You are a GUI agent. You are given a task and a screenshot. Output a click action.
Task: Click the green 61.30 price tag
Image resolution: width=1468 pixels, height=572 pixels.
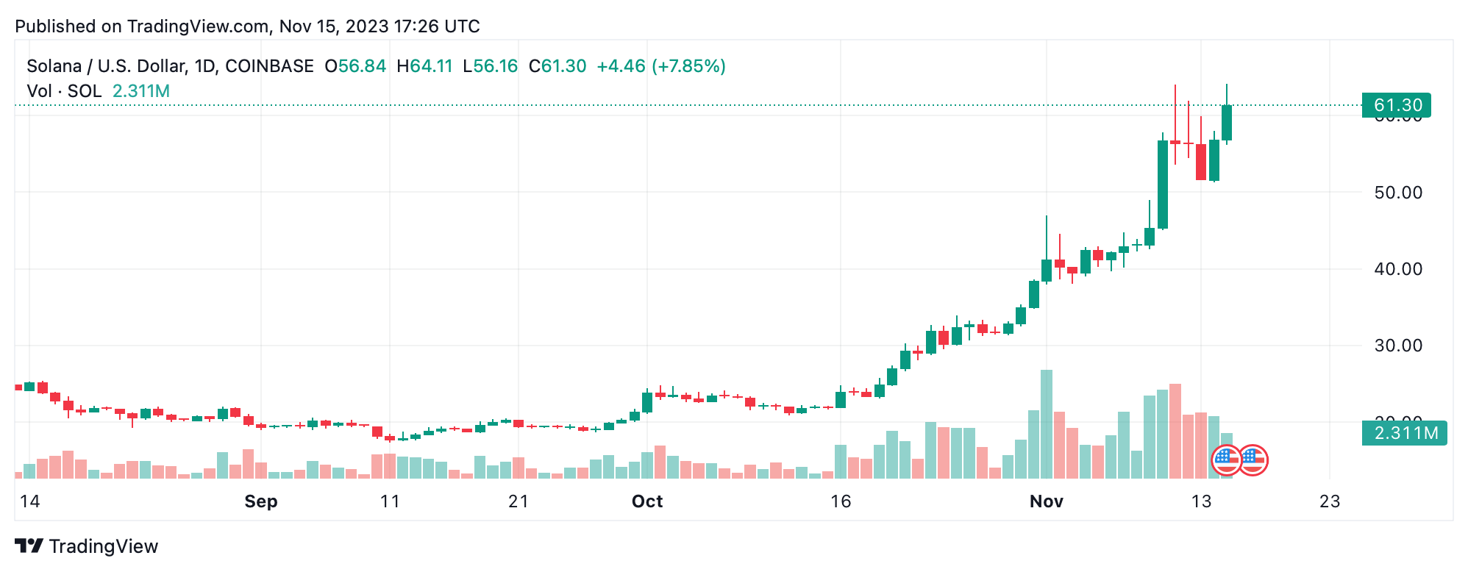tap(1395, 105)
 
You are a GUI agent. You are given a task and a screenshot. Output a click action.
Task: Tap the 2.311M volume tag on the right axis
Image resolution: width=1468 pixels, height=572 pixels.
tap(1404, 433)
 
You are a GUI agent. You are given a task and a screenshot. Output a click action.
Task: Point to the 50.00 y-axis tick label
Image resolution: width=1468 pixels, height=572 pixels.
tap(1398, 193)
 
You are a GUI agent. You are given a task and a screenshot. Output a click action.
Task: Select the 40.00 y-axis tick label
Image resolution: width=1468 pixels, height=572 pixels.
tap(1398, 269)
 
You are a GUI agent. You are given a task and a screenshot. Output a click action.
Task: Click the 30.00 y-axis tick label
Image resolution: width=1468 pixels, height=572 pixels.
tap(1398, 346)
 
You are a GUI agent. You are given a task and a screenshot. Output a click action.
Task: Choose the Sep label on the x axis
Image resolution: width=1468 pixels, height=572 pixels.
tap(261, 501)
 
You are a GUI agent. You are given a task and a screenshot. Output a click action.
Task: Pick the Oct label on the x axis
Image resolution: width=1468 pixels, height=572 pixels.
tap(647, 501)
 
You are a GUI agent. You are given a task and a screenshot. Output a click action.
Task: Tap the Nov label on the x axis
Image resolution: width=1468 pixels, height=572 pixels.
tap(1046, 501)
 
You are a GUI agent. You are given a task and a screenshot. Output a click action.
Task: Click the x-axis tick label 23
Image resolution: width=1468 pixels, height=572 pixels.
tap(1330, 501)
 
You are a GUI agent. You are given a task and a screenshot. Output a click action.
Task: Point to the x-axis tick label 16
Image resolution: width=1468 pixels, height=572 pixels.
tap(841, 501)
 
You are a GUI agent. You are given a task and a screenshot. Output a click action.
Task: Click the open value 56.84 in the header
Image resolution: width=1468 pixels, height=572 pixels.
tap(362, 66)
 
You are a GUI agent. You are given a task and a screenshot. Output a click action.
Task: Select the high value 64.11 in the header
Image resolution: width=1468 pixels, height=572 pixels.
tap(431, 66)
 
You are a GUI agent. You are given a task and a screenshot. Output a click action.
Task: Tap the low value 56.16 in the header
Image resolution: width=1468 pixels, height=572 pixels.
tap(496, 66)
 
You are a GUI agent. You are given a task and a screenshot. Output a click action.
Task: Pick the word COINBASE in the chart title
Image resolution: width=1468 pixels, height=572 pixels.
tap(269, 66)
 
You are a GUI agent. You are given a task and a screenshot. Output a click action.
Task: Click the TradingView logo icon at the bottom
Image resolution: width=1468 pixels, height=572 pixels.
tap(29, 546)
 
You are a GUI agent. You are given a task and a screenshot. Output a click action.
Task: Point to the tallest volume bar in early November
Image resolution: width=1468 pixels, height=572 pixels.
tap(1046, 424)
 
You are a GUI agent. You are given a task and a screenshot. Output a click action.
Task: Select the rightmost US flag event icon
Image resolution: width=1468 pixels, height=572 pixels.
tap(1253, 461)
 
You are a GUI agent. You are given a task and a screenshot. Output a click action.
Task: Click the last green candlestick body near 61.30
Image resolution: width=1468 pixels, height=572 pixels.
tap(1227, 123)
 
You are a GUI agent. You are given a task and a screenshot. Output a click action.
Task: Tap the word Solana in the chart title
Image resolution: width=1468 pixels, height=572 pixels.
tap(54, 66)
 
